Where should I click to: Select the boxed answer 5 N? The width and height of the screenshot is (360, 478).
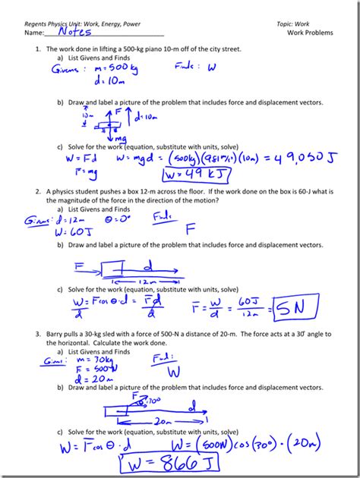(x=292, y=309)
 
